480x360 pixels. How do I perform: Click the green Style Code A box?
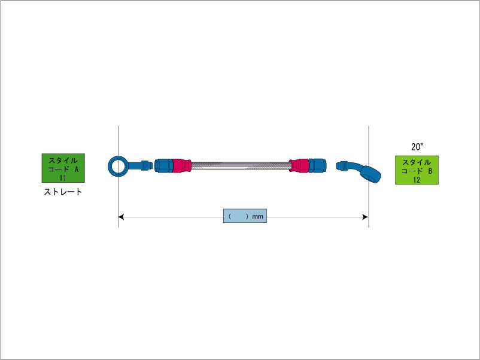coord(63,168)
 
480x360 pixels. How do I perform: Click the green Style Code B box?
coord(417,170)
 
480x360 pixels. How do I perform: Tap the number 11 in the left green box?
coord(63,178)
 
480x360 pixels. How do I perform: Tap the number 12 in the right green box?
coord(417,180)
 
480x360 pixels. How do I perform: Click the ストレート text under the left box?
coord(63,193)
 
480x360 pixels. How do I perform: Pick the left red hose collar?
coord(181,164)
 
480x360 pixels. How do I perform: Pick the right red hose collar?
coord(299,164)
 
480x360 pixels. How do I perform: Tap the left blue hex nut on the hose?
coord(163,164)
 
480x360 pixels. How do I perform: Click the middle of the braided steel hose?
coord(240,164)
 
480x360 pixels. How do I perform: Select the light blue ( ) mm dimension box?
coord(244,216)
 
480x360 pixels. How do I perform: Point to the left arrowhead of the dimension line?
coord(121,216)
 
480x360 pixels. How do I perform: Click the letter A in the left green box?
coord(76,170)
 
